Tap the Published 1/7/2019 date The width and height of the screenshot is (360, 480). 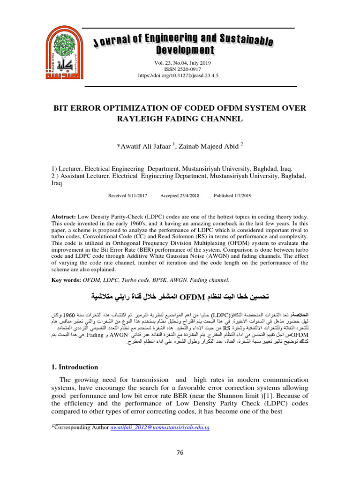coord(233,195)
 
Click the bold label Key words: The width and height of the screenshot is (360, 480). coord(66,280)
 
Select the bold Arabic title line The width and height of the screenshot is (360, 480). coord(180,297)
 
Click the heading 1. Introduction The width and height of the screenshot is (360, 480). coord(75,367)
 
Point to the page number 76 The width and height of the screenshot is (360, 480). coord(180,452)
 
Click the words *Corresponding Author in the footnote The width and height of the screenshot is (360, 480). coord(79,427)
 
